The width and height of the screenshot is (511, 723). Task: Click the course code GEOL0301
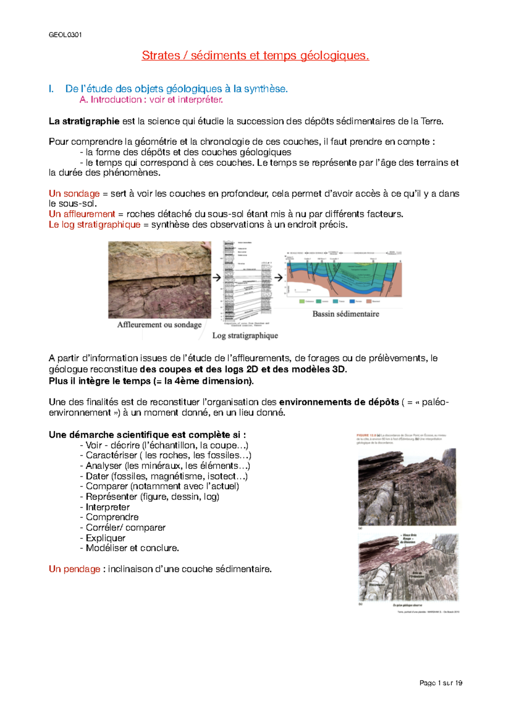65,35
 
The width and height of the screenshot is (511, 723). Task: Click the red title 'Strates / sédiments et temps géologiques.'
255,55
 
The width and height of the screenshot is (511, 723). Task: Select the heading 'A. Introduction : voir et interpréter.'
151,100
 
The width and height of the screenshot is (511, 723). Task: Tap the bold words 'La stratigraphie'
84,121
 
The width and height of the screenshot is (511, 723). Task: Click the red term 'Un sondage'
74,194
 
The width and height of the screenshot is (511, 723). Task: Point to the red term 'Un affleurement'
82,214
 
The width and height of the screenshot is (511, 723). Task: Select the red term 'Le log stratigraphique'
95,225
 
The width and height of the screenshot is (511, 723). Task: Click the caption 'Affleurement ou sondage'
159,325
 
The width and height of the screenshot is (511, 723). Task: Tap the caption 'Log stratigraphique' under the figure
245,335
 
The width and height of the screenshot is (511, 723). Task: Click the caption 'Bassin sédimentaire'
345,314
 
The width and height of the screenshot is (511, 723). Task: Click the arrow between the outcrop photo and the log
217,278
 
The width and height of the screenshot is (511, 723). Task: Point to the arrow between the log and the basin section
278,278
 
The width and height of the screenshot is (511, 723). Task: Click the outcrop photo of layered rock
159,280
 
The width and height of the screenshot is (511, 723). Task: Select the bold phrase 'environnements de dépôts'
339,402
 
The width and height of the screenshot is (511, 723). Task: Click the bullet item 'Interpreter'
107,507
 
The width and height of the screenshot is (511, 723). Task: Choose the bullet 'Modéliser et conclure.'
132,548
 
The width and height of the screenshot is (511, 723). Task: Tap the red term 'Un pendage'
75,569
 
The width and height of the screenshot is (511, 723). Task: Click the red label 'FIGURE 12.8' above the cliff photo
366,435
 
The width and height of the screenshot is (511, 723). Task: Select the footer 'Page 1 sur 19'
441,683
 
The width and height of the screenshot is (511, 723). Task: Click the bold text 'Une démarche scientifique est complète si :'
147,435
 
